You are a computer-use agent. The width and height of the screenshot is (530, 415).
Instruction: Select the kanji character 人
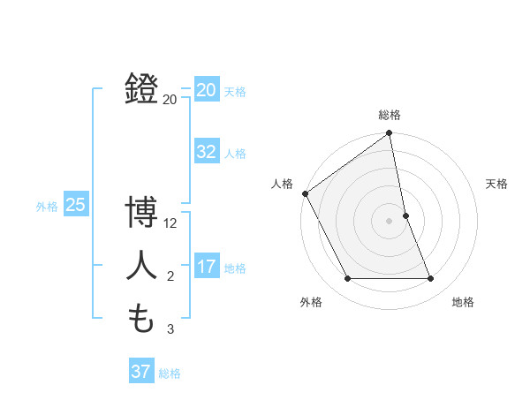click(141, 266)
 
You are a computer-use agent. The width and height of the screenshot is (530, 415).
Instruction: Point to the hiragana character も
click(141, 319)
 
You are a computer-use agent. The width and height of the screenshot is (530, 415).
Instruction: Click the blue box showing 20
click(207, 90)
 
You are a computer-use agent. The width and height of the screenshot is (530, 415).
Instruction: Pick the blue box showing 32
click(207, 152)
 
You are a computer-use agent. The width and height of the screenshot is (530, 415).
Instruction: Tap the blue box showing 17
click(207, 267)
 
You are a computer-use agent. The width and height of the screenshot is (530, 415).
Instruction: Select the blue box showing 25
click(75, 205)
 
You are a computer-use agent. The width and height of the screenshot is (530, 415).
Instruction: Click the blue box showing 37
click(141, 372)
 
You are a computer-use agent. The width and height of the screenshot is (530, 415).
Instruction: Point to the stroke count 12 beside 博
click(171, 224)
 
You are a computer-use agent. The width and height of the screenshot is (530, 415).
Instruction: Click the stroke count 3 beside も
click(170, 330)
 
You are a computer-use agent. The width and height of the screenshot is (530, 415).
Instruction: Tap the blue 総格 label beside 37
click(170, 373)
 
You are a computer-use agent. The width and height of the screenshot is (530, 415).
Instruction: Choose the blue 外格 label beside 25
click(47, 207)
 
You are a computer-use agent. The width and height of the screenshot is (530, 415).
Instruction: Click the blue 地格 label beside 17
click(235, 268)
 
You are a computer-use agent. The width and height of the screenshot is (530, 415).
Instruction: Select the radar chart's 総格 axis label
click(390, 115)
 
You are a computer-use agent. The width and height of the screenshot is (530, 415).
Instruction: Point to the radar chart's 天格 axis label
click(497, 184)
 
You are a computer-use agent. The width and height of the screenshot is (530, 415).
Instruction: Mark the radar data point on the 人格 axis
click(305, 193)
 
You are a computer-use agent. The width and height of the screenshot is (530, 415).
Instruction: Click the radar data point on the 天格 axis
click(405, 215)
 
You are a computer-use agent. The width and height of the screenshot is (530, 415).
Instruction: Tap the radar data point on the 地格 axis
click(431, 279)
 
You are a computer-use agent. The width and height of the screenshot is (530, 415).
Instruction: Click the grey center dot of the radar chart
click(390, 221)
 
